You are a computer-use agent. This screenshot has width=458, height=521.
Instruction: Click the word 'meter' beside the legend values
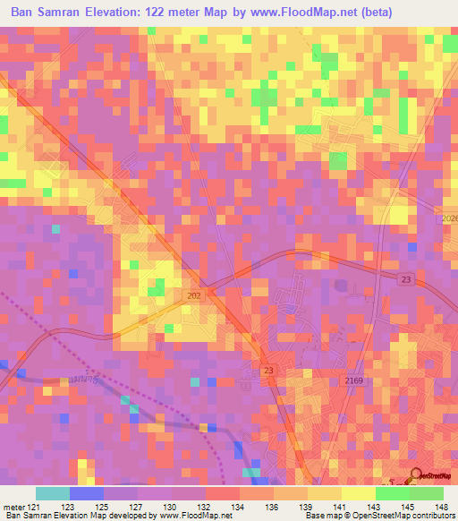point(12,506)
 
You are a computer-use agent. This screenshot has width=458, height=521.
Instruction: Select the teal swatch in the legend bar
point(52,493)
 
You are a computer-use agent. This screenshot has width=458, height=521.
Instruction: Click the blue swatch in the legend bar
point(86,493)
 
